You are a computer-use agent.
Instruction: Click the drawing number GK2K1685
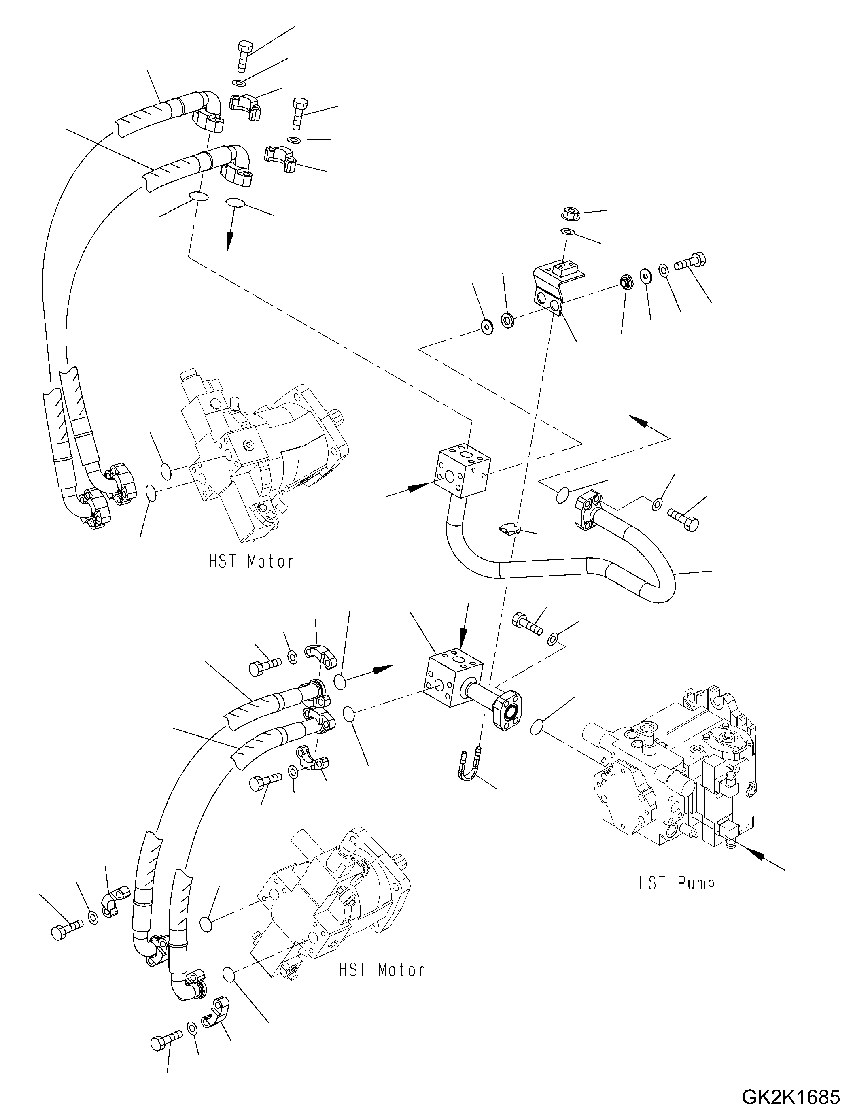point(790,1097)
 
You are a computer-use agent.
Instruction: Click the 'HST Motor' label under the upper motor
point(251,561)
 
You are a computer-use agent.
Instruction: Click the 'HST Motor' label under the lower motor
point(381,970)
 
